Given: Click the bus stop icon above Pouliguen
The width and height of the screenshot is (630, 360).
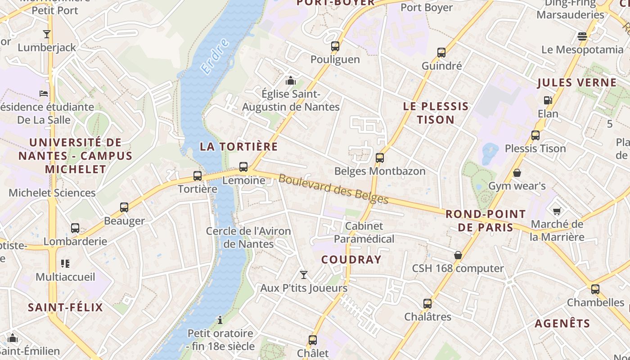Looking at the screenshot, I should [x=335, y=46].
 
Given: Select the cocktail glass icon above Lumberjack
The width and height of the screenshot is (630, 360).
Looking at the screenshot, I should [x=46, y=34].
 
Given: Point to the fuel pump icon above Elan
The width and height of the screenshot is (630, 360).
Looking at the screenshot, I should [x=548, y=100].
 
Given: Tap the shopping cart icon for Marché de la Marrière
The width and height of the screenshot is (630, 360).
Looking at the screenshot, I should [x=557, y=211].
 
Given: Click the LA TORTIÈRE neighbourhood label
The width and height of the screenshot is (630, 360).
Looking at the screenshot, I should [x=238, y=147].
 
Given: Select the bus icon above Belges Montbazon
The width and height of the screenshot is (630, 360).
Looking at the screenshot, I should [x=380, y=158].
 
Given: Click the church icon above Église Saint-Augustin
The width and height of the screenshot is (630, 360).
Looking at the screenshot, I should [x=291, y=81].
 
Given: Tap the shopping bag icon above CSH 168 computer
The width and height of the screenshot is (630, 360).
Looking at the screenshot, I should [x=458, y=255].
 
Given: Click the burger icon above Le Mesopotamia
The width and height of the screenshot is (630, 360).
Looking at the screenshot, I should [x=582, y=36].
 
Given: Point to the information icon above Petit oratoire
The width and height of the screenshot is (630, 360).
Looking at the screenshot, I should [x=220, y=320].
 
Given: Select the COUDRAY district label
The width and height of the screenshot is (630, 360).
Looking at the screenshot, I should [x=351, y=259].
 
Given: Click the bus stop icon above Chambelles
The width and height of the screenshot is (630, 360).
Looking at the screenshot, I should [x=595, y=289].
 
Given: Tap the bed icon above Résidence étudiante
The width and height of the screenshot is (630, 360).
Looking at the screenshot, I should [x=44, y=94].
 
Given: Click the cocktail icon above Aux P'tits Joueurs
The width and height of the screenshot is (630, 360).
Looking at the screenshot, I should [x=304, y=274].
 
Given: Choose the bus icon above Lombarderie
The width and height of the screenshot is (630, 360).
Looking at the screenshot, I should [x=75, y=228].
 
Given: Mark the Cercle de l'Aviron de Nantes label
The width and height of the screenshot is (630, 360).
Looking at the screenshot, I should [x=248, y=237].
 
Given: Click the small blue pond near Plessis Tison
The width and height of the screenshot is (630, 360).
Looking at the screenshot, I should [x=489, y=153].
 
